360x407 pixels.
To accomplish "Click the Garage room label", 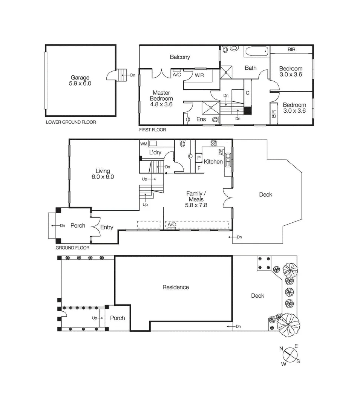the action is [80, 77].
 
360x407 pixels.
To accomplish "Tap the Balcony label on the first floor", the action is [180, 57].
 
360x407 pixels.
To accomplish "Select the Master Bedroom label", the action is [161, 95].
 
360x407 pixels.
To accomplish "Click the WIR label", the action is [199, 75].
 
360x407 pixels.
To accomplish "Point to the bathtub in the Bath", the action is [256, 51].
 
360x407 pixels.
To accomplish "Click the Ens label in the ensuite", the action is [201, 119].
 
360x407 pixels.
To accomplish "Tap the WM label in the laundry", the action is [144, 144].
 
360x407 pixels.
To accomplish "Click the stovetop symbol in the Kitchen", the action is [214, 144].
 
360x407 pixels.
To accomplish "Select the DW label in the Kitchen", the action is [221, 152].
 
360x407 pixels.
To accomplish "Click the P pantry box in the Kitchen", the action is [199, 158].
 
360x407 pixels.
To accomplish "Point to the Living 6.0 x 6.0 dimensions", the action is [103, 177].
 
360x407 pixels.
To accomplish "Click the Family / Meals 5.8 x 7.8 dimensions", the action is [196, 205].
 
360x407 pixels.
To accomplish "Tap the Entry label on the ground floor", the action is [107, 227].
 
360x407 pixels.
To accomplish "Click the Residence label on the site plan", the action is [176, 287].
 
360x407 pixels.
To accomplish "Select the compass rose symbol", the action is [290, 355].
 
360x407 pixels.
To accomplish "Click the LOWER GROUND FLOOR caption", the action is [71, 122].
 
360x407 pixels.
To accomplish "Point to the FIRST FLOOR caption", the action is [153, 130].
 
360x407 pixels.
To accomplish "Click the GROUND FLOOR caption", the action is [72, 248].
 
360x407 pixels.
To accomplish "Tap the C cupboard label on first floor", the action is [247, 93].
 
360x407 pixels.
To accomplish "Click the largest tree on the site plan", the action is [288, 324].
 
